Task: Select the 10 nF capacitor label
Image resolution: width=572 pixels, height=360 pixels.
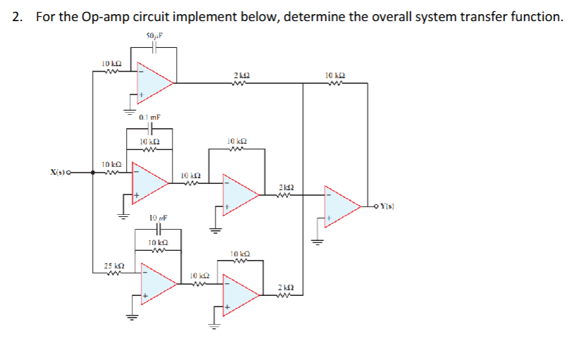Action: pos(157,219)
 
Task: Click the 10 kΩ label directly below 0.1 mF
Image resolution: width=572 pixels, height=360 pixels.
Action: pos(151,142)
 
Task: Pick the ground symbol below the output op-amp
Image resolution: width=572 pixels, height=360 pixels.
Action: pos(317,241)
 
